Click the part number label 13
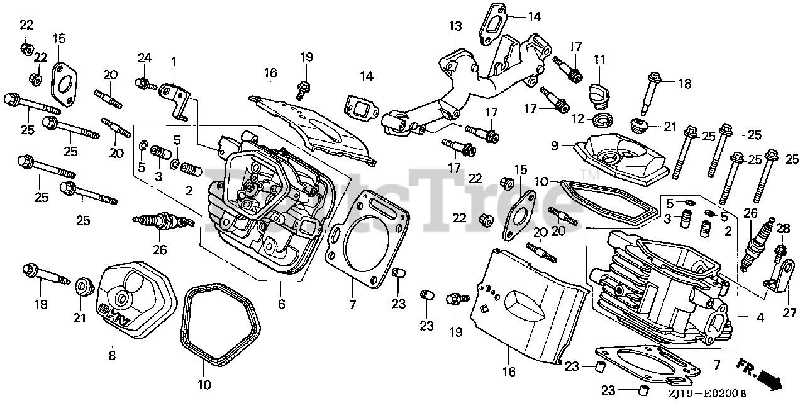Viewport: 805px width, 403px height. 455,26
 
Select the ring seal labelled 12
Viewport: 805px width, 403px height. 602,120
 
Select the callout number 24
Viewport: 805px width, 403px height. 144,57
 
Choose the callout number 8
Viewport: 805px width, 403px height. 112,356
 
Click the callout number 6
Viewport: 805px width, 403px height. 281,304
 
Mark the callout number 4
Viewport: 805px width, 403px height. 760,317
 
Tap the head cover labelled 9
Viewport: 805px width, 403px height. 622,158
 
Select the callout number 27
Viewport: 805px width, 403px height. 789,312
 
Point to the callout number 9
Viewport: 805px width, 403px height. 555,145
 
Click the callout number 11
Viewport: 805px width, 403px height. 600,60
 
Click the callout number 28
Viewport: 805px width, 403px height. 783,229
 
